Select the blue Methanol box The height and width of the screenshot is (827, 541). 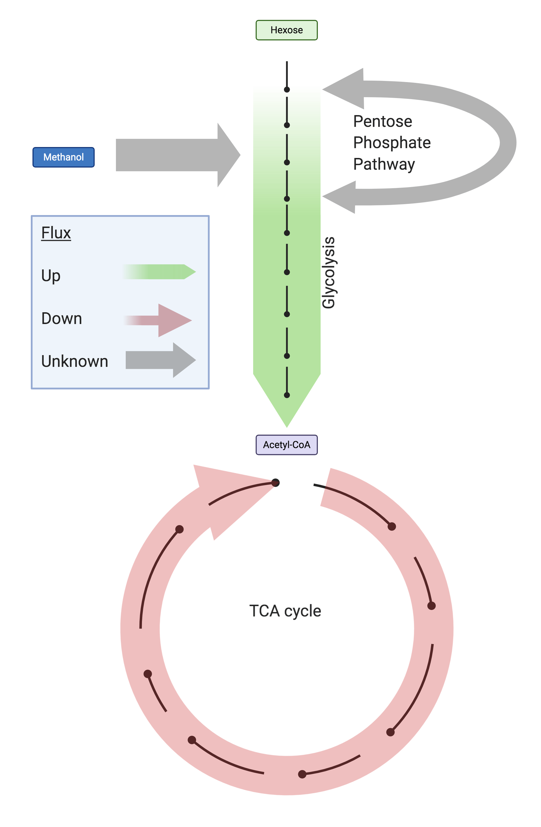(x=63, y=157)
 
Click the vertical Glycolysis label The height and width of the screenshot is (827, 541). (x=328, y=272)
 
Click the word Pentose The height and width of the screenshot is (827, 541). (x=382, y=122)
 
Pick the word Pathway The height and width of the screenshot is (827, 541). (x=384, y=164)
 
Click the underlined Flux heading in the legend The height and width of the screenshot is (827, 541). (x=56, y=233)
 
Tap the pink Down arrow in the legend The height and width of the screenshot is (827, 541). (x=160, y=320)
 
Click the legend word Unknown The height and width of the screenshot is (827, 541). (x=74, y=361)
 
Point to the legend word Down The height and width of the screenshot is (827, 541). (x=62, y=319)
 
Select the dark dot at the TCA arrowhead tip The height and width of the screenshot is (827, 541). (x=275, y=482)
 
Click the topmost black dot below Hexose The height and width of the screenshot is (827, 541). (x=287, y=90)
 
